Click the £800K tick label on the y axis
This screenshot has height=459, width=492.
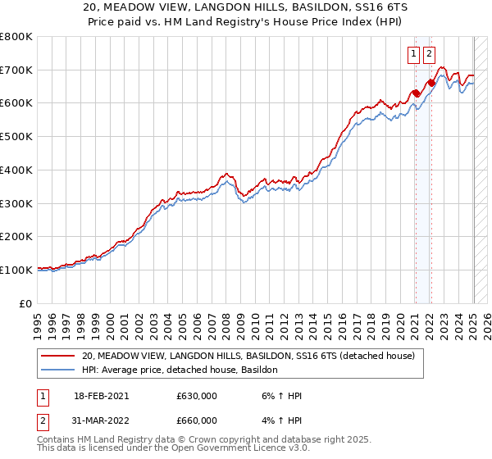(x=16, y=37)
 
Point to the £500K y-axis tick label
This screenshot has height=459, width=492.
(x=16, y=137)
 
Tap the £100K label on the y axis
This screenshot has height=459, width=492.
(x=16, y=270)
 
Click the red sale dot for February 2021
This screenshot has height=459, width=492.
(x=416, y=93)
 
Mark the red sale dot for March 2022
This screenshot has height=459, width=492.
(x=431, y=83)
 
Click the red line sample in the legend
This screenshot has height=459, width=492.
(x=57, y=357)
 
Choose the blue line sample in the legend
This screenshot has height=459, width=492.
(x=57, y=370)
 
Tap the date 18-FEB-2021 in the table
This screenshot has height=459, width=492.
(x=102, y=397)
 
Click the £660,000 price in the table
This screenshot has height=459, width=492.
(x=197, y=420)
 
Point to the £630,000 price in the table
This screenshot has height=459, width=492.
(x=197, y=397)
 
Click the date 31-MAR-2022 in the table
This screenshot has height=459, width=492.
(x=102, y=420)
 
